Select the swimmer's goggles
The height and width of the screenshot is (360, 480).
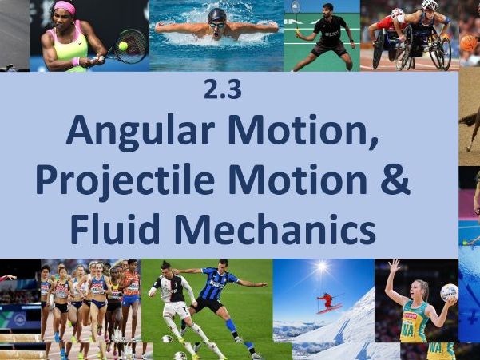click(x=216, y=24)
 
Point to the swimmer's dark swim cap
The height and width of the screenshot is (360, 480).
click(x=216, y=14)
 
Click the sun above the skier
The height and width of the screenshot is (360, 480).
click(x=321, y=266)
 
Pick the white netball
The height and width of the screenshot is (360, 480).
click(x=449, y=292)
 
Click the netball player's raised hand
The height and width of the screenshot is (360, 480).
click(x=394, y=265)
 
